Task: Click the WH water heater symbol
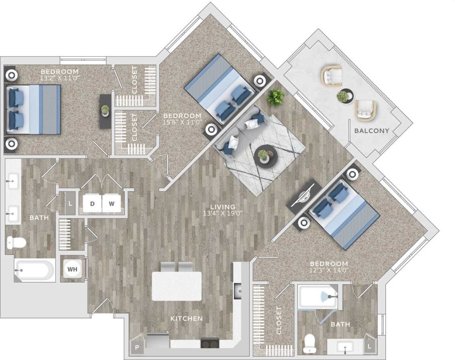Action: pos(73,268)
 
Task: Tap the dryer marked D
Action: pos(92,204)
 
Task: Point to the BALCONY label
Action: pos(372,131)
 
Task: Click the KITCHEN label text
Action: pos(186,318)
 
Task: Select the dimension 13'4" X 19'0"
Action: pos(223,214)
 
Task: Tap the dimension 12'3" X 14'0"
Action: pos(329,270)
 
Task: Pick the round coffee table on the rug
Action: pos(266,156)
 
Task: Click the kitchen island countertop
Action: pos(177,286)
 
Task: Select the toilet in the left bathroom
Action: pos(17,242)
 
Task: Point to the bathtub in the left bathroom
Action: pos(34,269)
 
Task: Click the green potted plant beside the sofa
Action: pos(276,97)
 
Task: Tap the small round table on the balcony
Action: pos(343,96)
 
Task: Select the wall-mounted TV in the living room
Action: pos(303,196)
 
